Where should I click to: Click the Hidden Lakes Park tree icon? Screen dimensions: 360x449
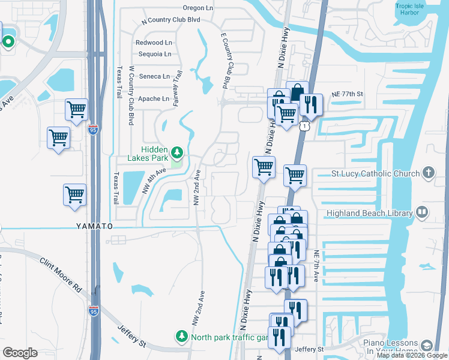tap(177, 151)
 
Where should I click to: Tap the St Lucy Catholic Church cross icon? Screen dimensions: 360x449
tap(427, 173)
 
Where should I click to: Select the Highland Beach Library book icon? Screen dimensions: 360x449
tap(422, 212)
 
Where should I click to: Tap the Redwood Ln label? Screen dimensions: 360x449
tap(154, 43)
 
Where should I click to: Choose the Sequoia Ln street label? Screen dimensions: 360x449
tap(154, 54)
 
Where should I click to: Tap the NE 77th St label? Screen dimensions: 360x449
tap(348, 94)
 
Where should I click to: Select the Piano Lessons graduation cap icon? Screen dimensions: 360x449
tap(427, 346)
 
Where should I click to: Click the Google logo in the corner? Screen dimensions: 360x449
tap(20, 353)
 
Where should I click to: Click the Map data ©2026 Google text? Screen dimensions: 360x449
tap(412, 356)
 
